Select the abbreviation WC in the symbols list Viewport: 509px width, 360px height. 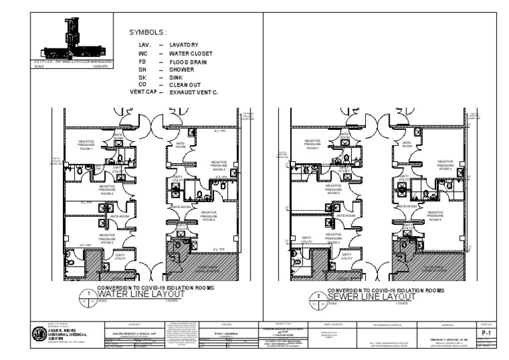tap(142, 53)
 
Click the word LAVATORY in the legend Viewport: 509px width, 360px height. tap(184, 44)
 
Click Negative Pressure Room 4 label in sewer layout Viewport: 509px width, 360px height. tap(445, 164)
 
